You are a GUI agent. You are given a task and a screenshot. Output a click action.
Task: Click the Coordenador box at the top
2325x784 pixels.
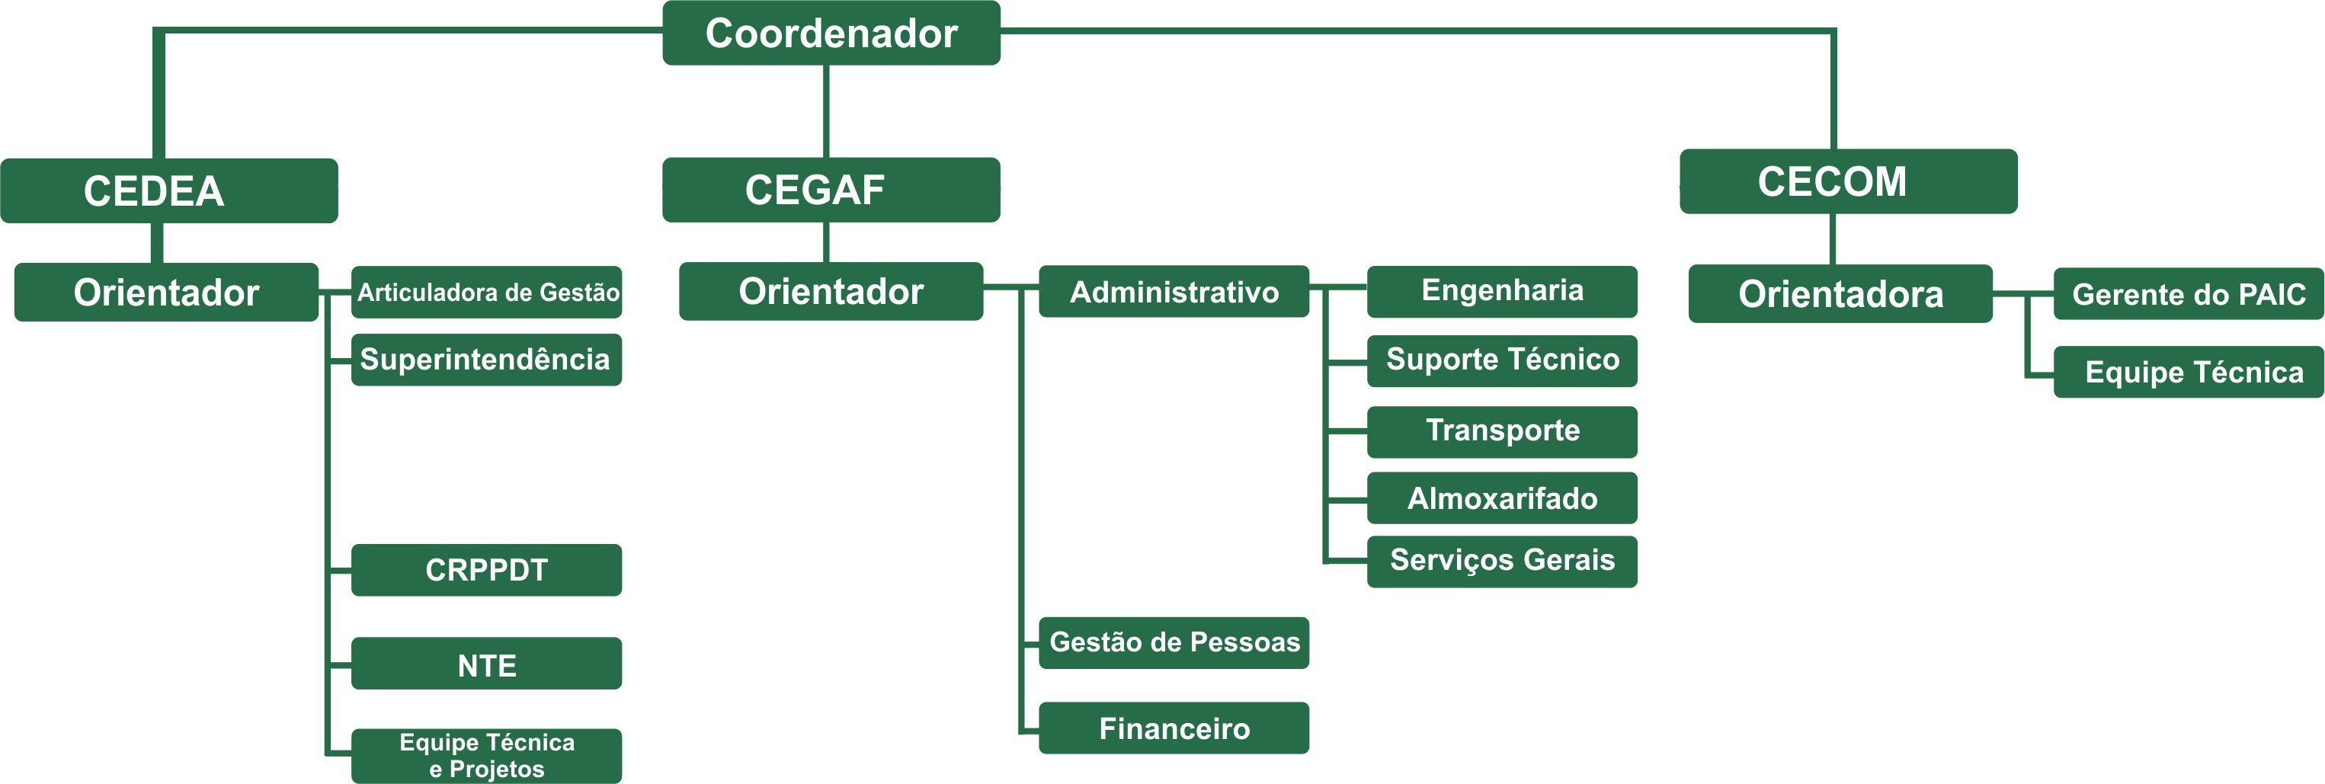point(831,33)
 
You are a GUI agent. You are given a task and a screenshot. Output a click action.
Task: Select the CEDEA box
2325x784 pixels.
point(168,190)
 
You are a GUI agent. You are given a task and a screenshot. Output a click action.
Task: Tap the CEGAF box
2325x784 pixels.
point(831,190)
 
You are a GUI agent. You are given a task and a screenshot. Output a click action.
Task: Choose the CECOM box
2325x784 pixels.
point(1849,181)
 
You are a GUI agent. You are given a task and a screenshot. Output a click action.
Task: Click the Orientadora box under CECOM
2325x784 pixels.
point(1840,293)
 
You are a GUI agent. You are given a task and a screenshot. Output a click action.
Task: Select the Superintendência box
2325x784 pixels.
point(486,360)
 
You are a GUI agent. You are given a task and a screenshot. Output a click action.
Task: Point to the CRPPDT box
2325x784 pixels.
point(486,570)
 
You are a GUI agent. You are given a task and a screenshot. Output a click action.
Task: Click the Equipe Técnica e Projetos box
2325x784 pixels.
point(486,756)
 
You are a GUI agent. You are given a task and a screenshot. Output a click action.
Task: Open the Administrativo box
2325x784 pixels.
point(1174,291)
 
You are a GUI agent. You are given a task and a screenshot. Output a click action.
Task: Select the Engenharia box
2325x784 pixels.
point(1503,291)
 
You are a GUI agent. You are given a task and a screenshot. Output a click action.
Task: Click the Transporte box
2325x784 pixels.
point(1503,432)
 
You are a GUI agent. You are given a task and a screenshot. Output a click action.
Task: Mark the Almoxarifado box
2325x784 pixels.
point(1503,498)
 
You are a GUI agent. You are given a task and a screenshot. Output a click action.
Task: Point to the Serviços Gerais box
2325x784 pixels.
point(1503,562)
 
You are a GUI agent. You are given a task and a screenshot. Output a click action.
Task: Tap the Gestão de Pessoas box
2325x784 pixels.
point(1174,643)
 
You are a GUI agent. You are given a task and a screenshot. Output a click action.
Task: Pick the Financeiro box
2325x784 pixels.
point(1174,728)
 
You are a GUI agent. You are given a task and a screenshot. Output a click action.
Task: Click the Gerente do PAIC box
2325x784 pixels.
point(2189,294)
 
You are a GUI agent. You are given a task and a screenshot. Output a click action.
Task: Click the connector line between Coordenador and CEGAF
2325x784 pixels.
point(827,112)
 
